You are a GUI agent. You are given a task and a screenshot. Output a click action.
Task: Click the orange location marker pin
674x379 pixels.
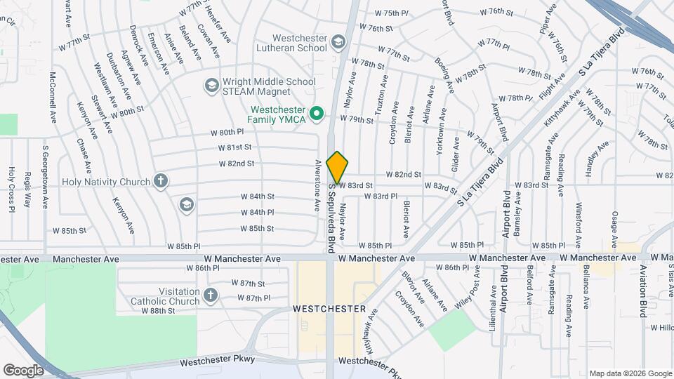337,167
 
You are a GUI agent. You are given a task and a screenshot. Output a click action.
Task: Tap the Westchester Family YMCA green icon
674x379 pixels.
317,112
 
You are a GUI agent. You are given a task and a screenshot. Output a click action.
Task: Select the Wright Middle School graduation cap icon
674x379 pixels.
211,86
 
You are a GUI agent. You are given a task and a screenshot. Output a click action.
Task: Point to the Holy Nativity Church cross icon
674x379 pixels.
161,182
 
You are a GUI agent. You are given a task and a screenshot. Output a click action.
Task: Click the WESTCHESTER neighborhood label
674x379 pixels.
329,309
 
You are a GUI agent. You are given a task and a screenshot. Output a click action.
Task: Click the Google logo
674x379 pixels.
23,370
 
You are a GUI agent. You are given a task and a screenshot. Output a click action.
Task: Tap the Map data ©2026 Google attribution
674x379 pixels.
630,373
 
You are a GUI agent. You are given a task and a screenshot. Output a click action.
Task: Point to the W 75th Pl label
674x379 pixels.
391,13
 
